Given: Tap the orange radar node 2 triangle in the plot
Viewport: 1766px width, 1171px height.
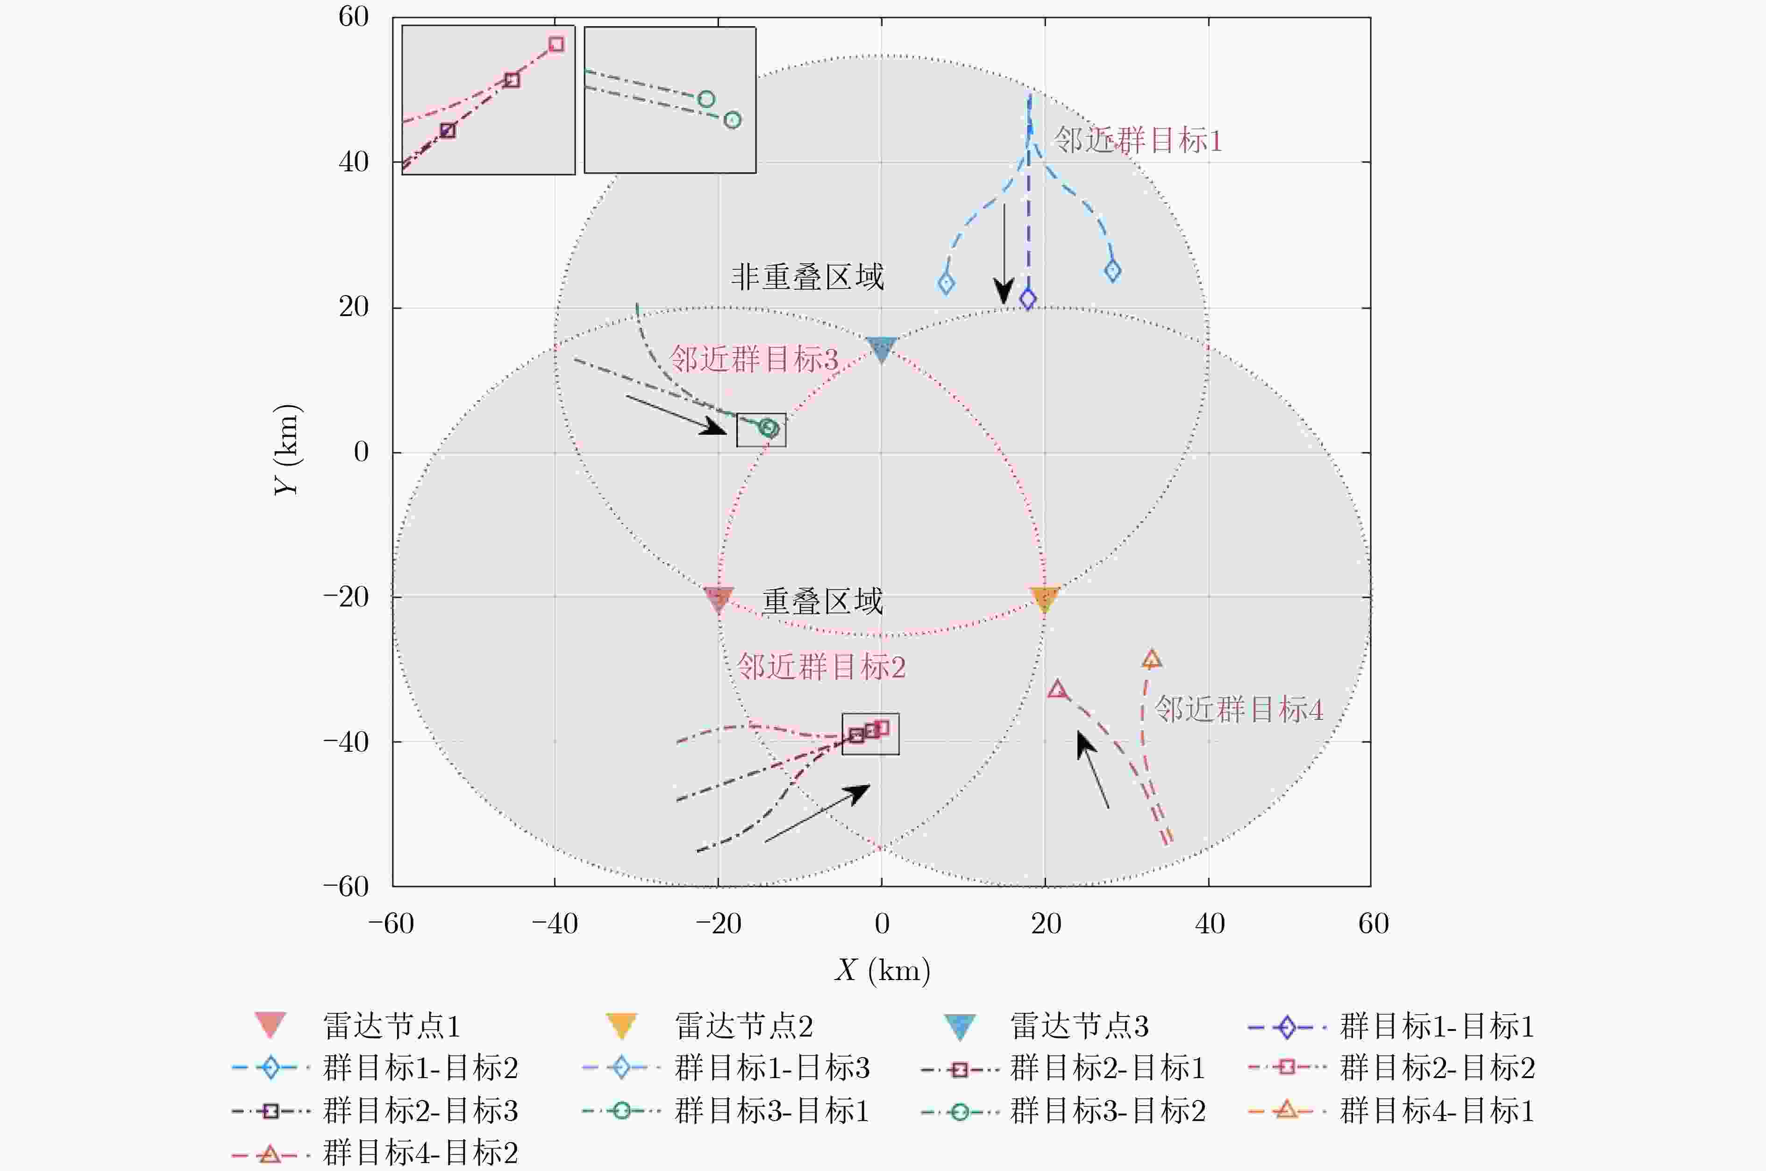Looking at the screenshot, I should [x=1044, y=598].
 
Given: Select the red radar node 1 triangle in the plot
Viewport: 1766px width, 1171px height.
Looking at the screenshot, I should [x=719, y=598].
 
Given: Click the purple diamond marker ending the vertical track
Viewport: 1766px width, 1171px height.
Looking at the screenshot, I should [x=1028, y=299].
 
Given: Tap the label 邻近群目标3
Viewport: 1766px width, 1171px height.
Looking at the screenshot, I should [x=754, y=359].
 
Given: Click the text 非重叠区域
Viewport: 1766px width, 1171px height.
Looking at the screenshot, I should [x=807, y=277].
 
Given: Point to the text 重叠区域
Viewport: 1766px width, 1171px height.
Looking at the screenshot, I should [x=822, y=601].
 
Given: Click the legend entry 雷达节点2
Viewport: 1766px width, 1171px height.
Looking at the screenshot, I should [x=743, y=1026].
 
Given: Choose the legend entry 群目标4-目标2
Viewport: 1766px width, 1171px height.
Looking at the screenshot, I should [x=420, y=1152].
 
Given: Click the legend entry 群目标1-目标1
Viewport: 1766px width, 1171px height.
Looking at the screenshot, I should [x=1436, y=1026].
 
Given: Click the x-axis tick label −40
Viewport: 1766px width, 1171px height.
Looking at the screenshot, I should [x=554, y=924].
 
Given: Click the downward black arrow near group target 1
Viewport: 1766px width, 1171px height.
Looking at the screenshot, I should [x=1004, y=254].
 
